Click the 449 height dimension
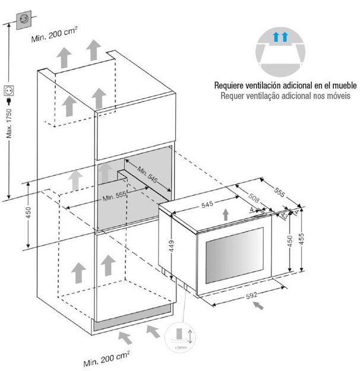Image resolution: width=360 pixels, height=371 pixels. [x=170, y=243]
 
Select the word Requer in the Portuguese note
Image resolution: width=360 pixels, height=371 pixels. [x=230, y=95]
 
